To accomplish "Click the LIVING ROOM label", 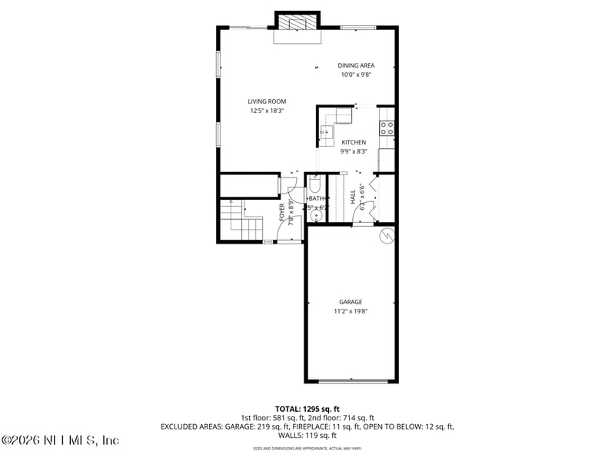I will pyautogui.click(x=267, y=101).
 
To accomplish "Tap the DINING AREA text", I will pyautogui.click(x=357, y=65).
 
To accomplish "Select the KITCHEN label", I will pyautogui.click(x=354, y=142).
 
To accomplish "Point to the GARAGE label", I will pyautogui.click(x=351, y=302).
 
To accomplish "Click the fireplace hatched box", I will pyautogui.click(x=297, y=22).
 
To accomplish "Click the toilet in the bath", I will pyautogui.click(x=315, y=184).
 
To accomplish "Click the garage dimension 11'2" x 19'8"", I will pyautogui.click(x=351, y=312).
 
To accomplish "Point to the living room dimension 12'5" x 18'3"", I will pyautogui.click(x=267, y=111).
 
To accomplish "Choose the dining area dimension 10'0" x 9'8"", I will pyautogui.click(x=357, y=75).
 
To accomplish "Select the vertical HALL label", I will pyautogui.click(x=353, y=198).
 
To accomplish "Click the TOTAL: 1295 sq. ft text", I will pyautogui.click(x=307, y=409).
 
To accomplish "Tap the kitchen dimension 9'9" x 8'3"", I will pyautogui.click(x=354, y=151).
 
